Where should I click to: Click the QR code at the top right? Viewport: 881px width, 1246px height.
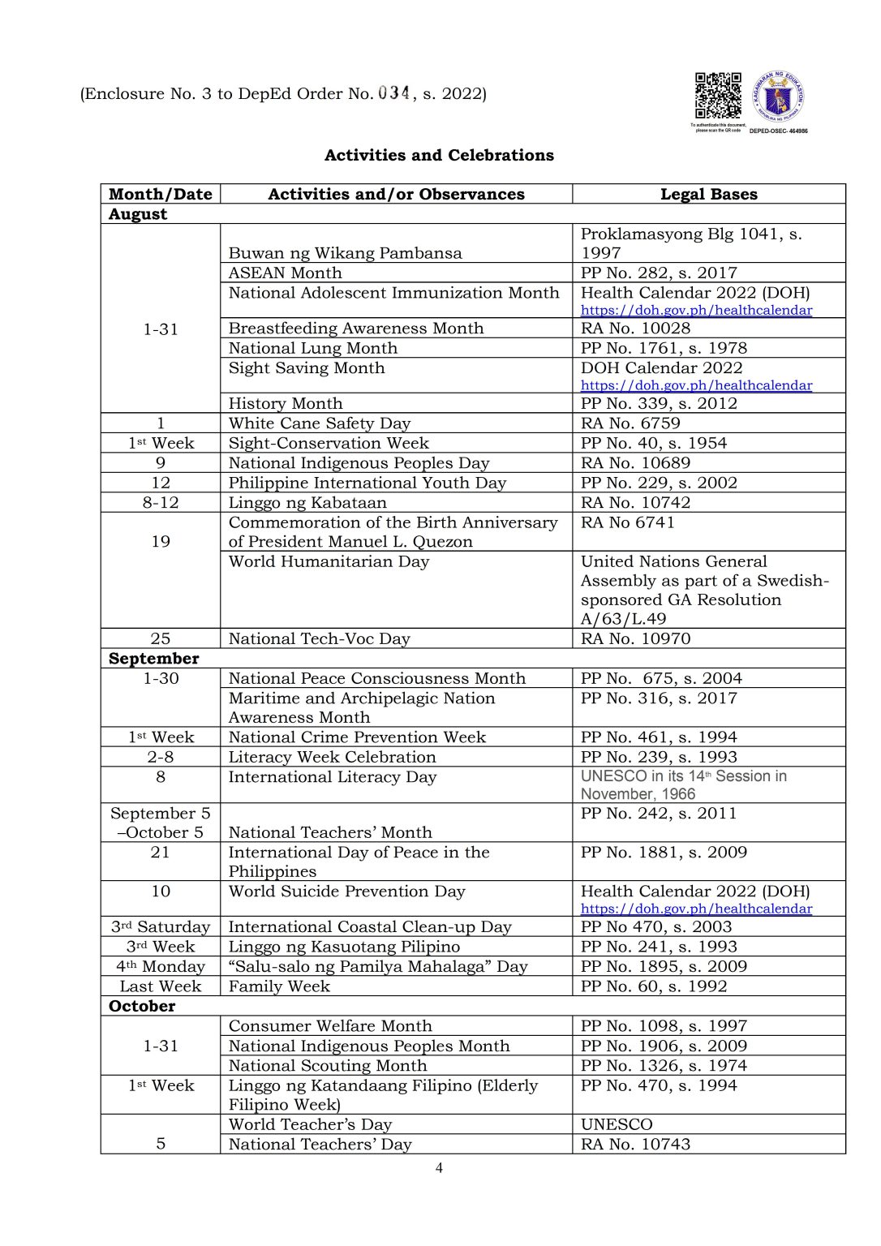pyautogui.click(x=717, y=96)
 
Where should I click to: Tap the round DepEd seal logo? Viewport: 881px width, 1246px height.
pyautogui.click(x=778, y=98)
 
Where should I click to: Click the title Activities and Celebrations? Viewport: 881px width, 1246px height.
pyautogui.click(x=439, y=155)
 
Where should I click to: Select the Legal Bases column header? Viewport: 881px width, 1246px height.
pyautogui.click(x=708, y=194)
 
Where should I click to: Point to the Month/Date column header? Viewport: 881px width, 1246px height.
pyautogui.click(x=160, y=194)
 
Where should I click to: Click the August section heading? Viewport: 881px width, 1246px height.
pyautogui.click(x=138, y=214)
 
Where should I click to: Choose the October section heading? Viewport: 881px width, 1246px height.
pyautogui.click(x=142, y=1006)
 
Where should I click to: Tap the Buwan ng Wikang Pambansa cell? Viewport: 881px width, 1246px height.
pyautogui.click(x=345, y=253)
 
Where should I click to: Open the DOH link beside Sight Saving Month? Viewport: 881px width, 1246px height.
pyautogui.click(x=696, y=385)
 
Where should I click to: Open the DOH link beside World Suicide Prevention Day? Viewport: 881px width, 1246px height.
pyautogui.click(x=696, y=909)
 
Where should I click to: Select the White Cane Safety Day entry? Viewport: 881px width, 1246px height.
pyautogui.click(x=320, y=423)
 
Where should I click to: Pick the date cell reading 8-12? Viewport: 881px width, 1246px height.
pyautogui.click(x=161, y=502)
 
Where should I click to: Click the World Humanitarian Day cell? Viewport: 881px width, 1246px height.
pyautogui.click(x=329, y=561)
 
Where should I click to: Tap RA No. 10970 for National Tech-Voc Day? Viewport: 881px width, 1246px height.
pyautogui.click(x=635, y=638)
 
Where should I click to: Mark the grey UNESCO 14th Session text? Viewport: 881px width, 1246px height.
pyautogui.click(x=683, y=784)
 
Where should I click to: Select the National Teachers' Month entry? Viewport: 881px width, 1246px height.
pyautogui.click(x=330, y=832)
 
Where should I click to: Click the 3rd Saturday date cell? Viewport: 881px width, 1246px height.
pyautogui.click(x=161, y=926)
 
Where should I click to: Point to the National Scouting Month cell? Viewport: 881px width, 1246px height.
pyautogui.click(x=327, y=1065)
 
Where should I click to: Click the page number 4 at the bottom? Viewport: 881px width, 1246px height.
pyautogui.click(x=439, y=1168)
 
